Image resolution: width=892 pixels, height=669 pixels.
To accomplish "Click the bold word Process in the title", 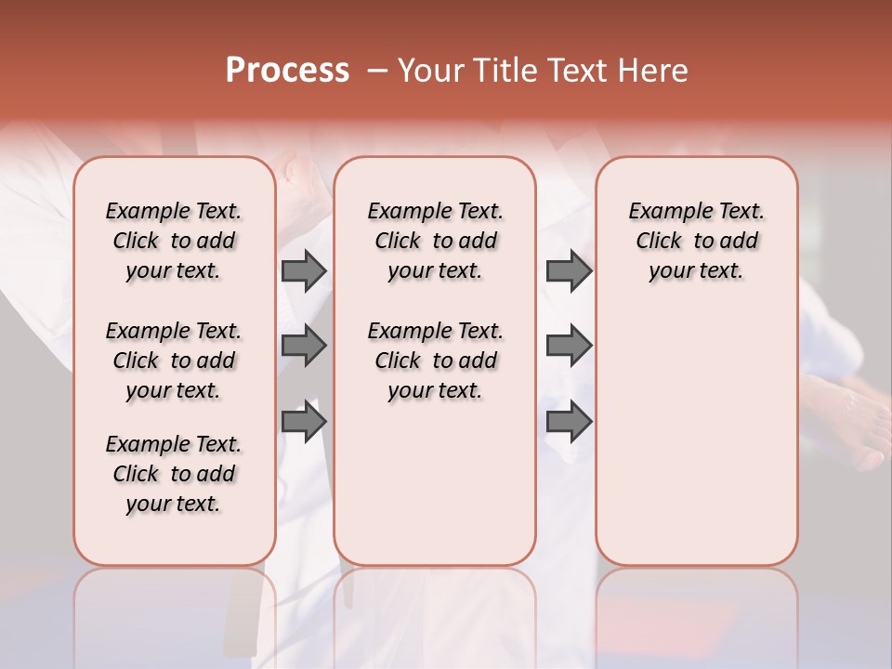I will [x=287, y=71].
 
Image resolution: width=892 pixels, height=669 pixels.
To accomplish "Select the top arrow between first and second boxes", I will [x=304, y=270].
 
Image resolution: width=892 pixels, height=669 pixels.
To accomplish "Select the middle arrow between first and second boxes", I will [x=304, y=346].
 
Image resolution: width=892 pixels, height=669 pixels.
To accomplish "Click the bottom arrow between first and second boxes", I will [x=304, y=423].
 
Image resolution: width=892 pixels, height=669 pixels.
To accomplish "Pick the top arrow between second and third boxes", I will [x=569, y=270].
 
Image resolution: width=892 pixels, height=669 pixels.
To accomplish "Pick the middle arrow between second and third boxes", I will [x=569, y=346].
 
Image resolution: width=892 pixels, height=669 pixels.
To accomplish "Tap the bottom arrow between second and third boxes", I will [x=569, y=423].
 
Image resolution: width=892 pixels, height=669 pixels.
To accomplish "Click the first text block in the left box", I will [x=174, y=241].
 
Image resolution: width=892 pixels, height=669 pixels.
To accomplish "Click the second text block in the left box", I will [x=174, y=361].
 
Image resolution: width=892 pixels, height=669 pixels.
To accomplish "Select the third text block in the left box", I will [x=174, y=474].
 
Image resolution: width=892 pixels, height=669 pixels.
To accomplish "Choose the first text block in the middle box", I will [x=435, y=241].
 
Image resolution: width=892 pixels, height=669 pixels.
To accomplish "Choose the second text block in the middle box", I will [x=435, y=361].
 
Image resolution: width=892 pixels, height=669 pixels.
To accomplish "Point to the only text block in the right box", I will [x=696, y=241].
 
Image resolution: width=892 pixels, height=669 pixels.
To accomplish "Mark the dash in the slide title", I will [x=377, y=71].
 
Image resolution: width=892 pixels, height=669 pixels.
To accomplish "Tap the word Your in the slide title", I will [x=430, y=71].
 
